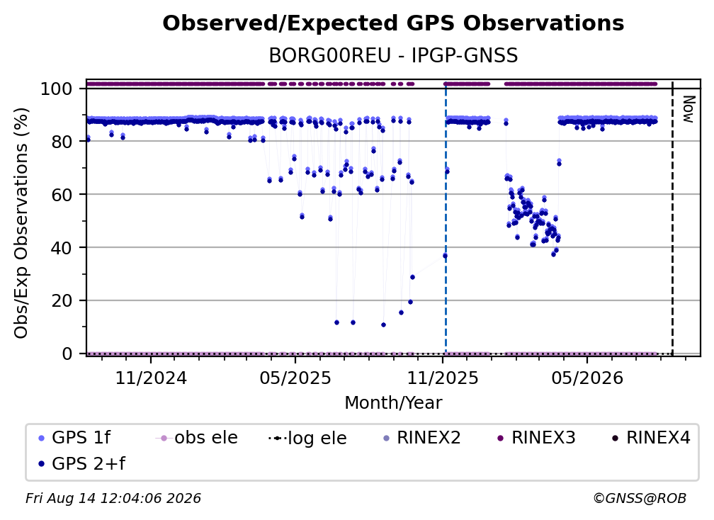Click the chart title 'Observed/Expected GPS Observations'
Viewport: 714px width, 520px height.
coord(393,23)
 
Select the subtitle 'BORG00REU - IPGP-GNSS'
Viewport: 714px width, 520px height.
coord(393,55)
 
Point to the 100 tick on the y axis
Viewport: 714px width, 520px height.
coord(57,89)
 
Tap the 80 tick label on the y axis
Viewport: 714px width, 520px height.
coord(62,142)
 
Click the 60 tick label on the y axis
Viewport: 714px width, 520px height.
coord(62,195)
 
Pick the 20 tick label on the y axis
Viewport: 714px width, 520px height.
coord(62,301)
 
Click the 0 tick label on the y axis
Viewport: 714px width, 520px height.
coord(67,354)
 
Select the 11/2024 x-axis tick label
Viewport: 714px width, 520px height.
coord(151,378)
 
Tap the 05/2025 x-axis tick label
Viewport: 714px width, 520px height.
coord(295,378)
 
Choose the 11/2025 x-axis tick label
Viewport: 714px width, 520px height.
coord(443,378)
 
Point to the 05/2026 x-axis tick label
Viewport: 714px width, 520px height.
coord(587,378)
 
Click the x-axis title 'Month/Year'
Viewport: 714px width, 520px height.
coord(393,403)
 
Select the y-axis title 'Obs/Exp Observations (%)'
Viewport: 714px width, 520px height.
coord(21,222)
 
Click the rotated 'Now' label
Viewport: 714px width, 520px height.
coord(688,109)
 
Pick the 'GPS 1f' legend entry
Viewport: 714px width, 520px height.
coord(75,438)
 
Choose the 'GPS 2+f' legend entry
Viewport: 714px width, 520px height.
coord(82,463)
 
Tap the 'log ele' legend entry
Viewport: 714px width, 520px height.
coord(308,438)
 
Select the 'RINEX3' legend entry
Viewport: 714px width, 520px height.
coord(536,438)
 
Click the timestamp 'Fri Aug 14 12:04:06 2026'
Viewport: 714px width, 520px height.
coord(113,499)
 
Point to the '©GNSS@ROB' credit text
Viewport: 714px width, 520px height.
coord(640,499)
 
